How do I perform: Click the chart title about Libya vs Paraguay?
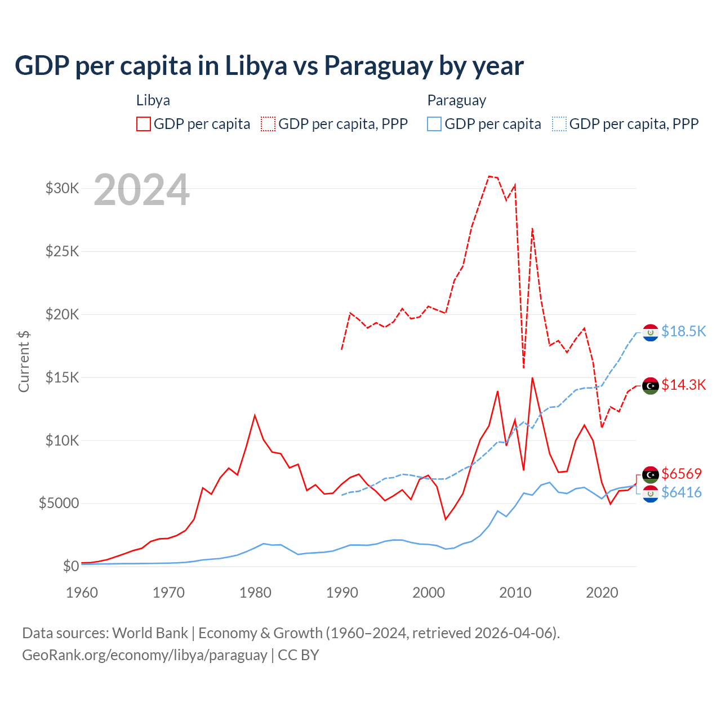click(269, 66)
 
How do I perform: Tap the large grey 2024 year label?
click(141, 190)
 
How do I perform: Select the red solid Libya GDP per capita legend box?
click(144, 124)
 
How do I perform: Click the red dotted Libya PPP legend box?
click(268, 124)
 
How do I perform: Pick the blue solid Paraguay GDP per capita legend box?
click(434, 124)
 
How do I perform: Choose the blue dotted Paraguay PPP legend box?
click(559, 124)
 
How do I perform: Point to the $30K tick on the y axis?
click(62, 188)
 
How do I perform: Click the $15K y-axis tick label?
click(62, 377)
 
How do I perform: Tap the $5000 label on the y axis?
click(59, 503)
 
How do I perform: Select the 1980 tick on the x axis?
click(255, 593)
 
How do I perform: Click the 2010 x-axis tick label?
click(515, 593)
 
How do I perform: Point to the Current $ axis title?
click(24, 361)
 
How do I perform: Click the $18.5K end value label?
click(683, 331)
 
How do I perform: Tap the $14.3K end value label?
click(683, 385)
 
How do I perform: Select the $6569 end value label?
click(682, 474)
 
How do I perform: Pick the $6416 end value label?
click(682, 492)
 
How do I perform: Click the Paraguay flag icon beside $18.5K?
click(651, 333)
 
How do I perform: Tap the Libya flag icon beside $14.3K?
click(651, 386)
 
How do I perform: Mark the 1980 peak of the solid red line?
click(255, 415)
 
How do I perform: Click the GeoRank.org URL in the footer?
click(145, 655)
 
